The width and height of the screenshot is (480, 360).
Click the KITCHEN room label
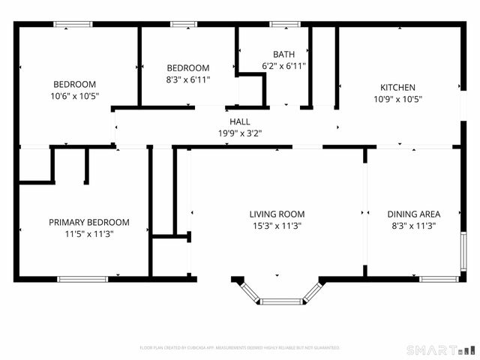point(397,88)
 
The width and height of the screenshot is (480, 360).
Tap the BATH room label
point(283,55)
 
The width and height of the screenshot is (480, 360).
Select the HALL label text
point(240,121)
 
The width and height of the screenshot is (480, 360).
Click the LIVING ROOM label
point(277,214)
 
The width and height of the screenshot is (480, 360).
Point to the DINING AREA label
point(413,214)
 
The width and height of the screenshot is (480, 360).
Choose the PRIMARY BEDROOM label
point(88,223)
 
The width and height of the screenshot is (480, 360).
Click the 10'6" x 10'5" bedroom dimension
point(74,95)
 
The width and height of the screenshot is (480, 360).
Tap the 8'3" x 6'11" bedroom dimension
point(187,79)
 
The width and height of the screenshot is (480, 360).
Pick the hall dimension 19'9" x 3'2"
point(240,133)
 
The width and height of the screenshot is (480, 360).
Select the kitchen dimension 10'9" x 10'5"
point(397,99)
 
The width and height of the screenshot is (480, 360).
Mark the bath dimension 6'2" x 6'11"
point(283,66)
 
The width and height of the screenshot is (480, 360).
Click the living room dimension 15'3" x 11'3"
point(277,226)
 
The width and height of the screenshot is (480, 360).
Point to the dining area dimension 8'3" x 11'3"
point(413,226)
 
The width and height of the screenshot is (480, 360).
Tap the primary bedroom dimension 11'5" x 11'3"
point(88,234)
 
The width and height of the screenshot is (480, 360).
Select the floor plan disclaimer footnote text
point(240,348)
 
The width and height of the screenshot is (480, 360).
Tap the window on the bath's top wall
point(285,25)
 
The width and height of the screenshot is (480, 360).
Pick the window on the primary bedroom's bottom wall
point(82,279)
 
